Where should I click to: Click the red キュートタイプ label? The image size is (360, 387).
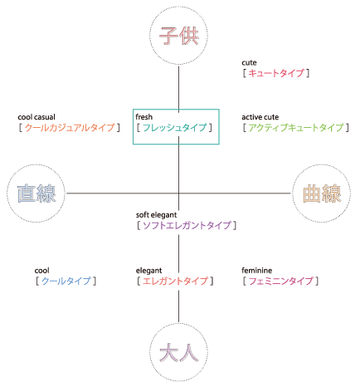coord(276,73)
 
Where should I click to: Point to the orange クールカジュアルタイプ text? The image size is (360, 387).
coord(70,128)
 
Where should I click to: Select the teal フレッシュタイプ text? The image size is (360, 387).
coord(174,128)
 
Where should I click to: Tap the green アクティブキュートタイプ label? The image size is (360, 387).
coord(296,128)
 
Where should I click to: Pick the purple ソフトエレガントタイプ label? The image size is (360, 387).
coord(187,225)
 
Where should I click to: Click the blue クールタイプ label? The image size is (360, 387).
coord(66,281)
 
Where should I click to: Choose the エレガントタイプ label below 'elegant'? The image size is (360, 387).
coord(175,281)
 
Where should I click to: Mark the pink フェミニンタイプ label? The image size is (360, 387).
coord(281,281)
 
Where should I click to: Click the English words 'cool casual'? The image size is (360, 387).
coord(36,117)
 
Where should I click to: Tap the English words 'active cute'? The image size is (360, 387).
coord(260,117)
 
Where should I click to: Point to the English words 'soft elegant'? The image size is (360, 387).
coord(156,215)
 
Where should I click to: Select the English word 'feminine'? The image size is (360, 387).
coord(257,270)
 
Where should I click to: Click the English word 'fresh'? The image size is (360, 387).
coord(144,117)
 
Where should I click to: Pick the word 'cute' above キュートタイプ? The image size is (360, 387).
coord(249,63)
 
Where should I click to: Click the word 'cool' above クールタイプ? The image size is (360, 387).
coord(42,270)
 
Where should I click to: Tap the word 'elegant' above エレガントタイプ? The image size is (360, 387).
coord(148,271)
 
